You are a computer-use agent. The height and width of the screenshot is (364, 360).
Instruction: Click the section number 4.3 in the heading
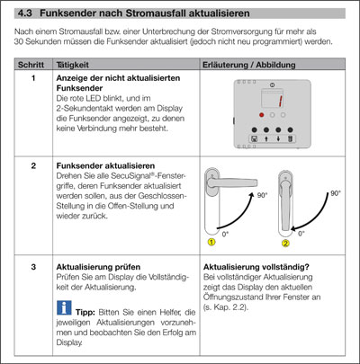pyautogui.click(x=25, y=13)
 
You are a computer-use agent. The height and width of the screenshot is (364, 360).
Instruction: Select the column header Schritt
pyautogui.click(x=31, y=65)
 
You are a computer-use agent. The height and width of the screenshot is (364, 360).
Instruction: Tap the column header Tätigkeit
pyautogui.click(x=73, y=65)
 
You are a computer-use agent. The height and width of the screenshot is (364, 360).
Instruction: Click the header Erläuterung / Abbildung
pyautogui.click(x=249, y=65)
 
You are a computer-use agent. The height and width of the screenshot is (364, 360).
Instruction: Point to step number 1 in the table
pyautogui.click(x=33, y=78)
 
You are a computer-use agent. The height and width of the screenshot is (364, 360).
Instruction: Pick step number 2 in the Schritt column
pyautogui.click(x=33, y=165)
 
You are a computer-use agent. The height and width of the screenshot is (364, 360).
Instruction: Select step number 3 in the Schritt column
pyautogui.click(x=33, y=267)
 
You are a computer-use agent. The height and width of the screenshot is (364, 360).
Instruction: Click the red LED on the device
pyautogui.click(x=262, y=115)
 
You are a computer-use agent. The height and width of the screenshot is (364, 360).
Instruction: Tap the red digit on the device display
pyautogui.click(x=281, y=101)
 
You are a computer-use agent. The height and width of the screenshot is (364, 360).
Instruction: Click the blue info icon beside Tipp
pyautogui.click(x=64, y=307)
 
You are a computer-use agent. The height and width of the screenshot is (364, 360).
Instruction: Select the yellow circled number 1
pyautogui.click(x=211, y=242)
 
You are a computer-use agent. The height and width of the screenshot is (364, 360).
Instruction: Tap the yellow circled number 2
pyautogui.click(x=285, y=243)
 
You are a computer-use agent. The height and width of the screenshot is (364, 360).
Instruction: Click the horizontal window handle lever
pyautogui.click(x=232, y=182)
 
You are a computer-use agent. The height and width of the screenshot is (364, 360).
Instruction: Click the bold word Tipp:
pyautogui.click(x=85, y=312)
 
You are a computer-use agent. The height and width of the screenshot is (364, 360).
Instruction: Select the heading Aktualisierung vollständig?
pyautogui.click(x=256, y=267)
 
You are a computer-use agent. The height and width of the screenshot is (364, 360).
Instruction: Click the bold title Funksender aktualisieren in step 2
pyautogui.click(x=105, y=165)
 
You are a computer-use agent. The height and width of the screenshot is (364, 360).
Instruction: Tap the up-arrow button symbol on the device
pyautogui.click(x=266, y=138)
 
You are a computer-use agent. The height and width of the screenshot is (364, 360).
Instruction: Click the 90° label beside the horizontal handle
pyautogui.click(x=262, y=195)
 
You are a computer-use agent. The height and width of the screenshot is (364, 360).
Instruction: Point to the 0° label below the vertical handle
pyautogui.click(x=301, y=234)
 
